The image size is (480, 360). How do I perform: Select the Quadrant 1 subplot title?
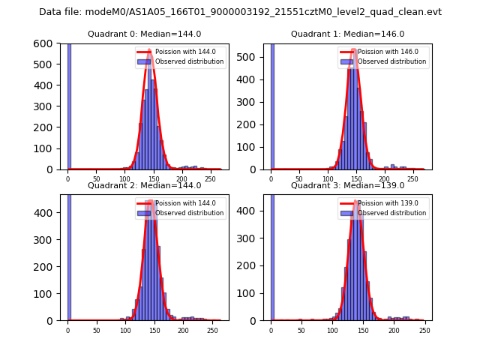[347, 34]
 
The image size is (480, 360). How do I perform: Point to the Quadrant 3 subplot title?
[347, 185]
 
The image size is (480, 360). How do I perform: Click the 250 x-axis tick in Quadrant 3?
[424, 329]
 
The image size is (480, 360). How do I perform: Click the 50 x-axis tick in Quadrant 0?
[97, 178]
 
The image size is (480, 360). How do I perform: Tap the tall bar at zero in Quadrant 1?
[271, 105]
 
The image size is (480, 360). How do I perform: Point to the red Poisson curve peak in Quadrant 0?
[149, 54]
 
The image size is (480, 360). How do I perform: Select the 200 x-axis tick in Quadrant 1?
[385, 178]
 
